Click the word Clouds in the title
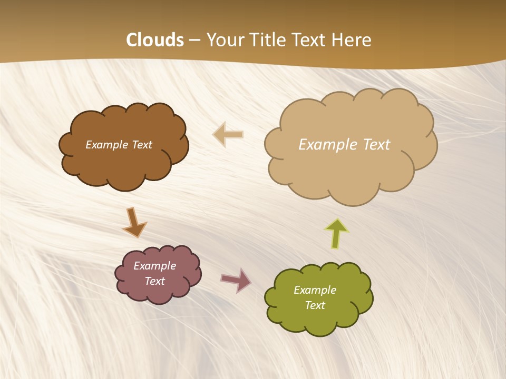tap(155, 40)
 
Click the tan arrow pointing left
tap(228, 134)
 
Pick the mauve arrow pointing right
tap(236, 280)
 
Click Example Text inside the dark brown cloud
tap(119, 145)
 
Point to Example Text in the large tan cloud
tap(344, 145)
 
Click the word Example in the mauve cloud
tap(154, 266)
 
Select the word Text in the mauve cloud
tap(154, 281)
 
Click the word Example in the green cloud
tap(315, 290)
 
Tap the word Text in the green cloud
tap(315, 305)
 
